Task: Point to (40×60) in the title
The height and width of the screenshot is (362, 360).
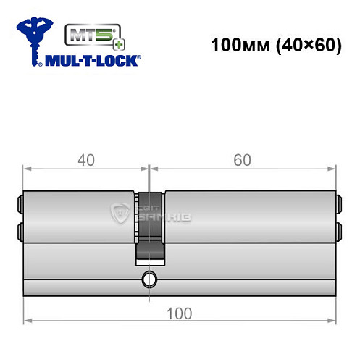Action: click(x=298, y=45)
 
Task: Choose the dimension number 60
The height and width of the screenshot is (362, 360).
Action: click(x=242, y=160)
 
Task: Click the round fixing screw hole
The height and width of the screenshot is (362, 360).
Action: click(x=150, y=279)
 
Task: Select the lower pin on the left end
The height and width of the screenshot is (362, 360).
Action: click(x=20, y=231)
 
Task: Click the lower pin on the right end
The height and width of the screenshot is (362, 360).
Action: click(x=338, y=231)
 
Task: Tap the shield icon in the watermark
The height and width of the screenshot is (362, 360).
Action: click(x=118, y=212)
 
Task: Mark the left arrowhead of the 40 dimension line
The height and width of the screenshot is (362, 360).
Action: click(x=28, y=171)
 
